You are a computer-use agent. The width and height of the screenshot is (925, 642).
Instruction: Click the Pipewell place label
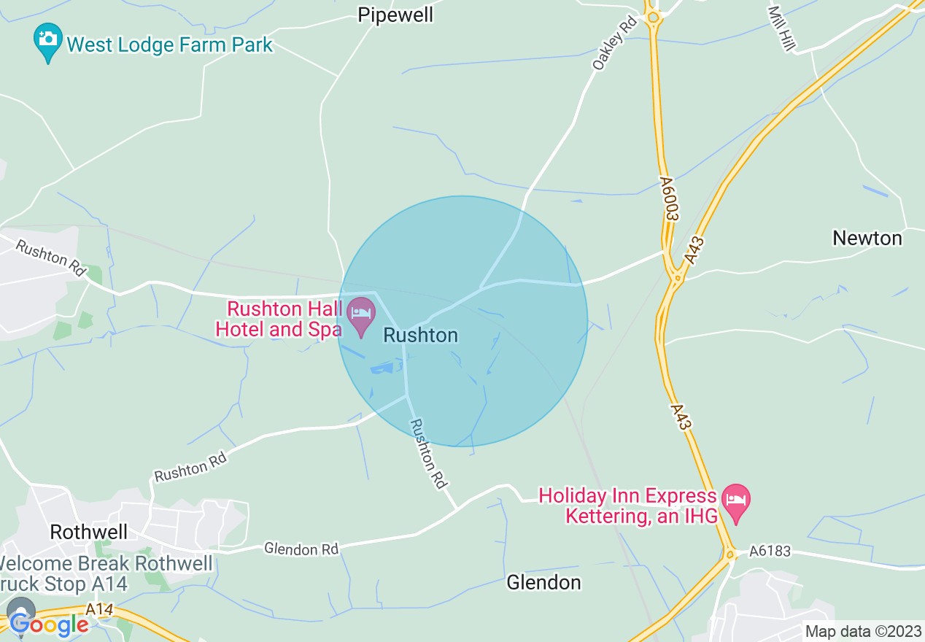tap(395, 15)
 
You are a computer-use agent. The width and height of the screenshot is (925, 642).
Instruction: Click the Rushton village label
tap(421, 336)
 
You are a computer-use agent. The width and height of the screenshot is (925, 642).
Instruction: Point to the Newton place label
tap(867, 239)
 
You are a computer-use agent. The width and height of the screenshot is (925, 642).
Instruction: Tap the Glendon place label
tap(543, 582)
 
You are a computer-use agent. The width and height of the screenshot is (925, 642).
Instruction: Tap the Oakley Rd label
tap(614, 44)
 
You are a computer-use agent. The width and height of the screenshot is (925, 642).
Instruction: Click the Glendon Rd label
tap(301, 549)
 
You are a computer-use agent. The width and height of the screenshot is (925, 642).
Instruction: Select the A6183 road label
tap(770, 552)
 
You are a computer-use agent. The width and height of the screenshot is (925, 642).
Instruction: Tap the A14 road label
tap(99, 608)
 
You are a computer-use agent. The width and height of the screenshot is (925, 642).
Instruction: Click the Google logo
tap(49, 624)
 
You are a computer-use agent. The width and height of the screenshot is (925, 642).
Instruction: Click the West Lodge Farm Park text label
tap(169, 45)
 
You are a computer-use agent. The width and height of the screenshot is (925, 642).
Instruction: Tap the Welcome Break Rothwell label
tap(106, 564)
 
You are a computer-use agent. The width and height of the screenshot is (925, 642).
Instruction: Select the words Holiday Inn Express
tap(627, 496)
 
